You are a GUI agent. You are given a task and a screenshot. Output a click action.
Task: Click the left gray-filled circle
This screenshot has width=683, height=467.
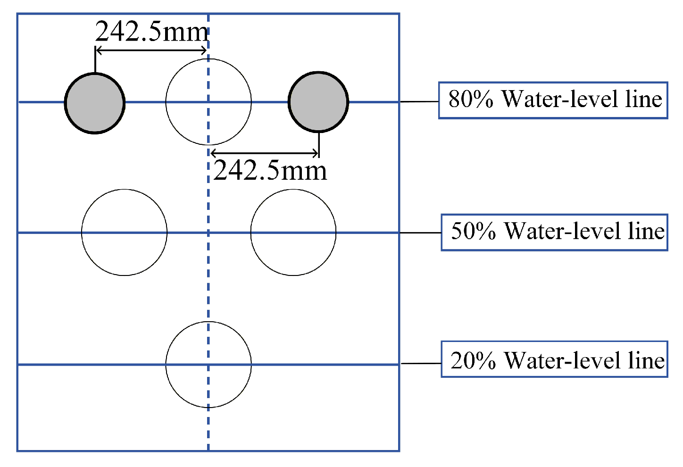(x=95, y=103)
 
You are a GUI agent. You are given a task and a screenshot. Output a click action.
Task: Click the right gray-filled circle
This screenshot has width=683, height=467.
(x=318, y=101)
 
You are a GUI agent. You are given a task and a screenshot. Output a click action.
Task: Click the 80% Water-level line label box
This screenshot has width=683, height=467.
(x=553, y=100)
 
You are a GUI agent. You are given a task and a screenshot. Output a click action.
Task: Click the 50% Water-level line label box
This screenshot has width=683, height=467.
(x=554, y=232)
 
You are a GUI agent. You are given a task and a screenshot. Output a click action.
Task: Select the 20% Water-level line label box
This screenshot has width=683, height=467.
(x=554, y=359)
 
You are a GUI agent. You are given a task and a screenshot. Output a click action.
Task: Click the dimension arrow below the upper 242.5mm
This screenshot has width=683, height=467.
(x=151, y=50)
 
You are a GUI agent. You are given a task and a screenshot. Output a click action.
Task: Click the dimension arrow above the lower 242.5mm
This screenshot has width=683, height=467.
(x=265, y=152)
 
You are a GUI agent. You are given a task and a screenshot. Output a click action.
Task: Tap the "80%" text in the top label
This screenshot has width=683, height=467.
(x=471, y=100)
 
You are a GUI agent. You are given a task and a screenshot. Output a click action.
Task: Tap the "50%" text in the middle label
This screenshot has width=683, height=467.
(x=473, y=231)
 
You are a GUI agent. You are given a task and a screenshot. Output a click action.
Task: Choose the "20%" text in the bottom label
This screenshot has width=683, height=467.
(x=473, y=360)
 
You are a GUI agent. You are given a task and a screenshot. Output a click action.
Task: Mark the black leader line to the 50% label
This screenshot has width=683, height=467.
(x=420, y=233)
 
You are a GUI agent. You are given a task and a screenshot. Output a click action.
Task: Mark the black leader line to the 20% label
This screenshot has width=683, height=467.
(x=420, y=363)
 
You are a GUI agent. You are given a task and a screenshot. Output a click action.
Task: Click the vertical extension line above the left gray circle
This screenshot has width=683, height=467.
(x=95, y=60)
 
